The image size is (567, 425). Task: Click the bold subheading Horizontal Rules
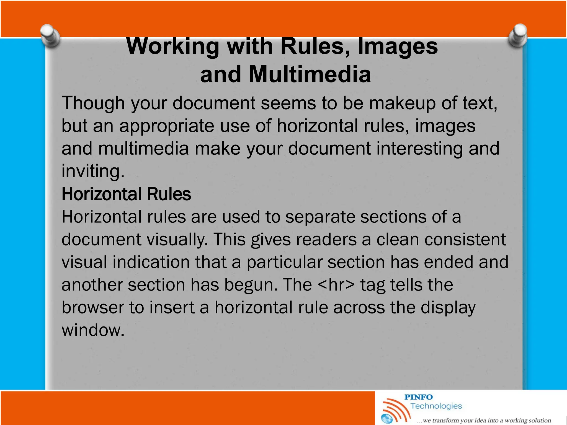[x=126, y=194]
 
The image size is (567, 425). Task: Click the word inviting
[x=93, y=171]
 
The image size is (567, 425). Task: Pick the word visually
[x=177, y=240]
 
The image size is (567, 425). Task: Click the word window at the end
[x=92, y=330]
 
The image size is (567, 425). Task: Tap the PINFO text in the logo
[x=418, y=397]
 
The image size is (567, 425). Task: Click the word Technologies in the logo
[x=436, y=406]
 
